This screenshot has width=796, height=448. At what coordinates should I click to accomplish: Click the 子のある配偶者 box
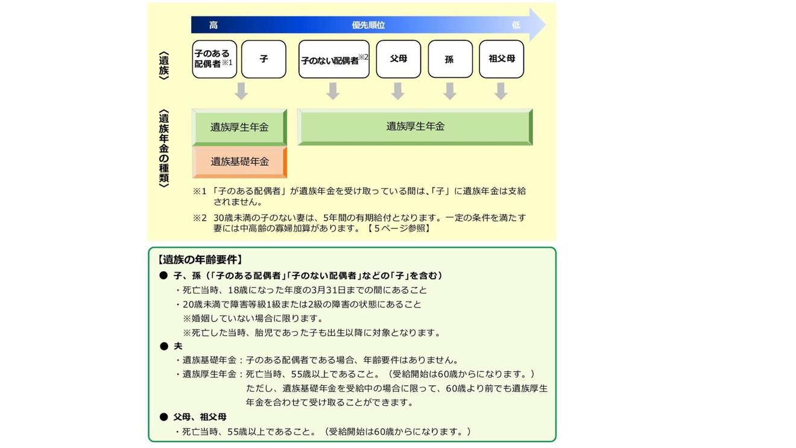[x=214, y=59]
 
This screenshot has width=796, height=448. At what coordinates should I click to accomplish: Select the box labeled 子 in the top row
[x=264, y=59]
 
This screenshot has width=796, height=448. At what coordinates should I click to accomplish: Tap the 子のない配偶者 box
[x=333, y=59]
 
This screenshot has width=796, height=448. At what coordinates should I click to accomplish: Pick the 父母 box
[x=398, y=59]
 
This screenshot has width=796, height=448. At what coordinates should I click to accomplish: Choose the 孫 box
[x=450, y=59]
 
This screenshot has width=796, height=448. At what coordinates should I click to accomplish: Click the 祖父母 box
[x=501, y=59]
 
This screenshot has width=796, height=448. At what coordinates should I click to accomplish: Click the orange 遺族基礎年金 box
[x=239, y=162]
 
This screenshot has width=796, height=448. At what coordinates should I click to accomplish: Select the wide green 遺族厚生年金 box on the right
[x=415, y=127]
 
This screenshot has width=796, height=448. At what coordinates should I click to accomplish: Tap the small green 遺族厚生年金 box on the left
[x=239, y=127]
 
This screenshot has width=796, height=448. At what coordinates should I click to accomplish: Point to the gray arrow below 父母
[x=397, y=91]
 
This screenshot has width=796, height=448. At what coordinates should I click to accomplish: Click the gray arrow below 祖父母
[x=501, y=91]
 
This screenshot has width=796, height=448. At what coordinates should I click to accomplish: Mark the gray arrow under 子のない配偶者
[x=333, y=91]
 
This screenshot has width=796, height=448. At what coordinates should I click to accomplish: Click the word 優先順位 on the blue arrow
[x=368, y=25]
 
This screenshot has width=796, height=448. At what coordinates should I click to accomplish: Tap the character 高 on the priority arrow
[x=213, y=25]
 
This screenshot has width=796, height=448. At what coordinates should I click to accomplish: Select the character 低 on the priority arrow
[x=516, y=25]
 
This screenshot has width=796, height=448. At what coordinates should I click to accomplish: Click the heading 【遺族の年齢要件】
[x=200, y=260]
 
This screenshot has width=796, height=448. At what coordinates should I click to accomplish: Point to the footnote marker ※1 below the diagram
[x=200, y=191]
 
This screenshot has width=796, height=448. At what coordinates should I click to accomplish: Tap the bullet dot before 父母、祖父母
[x=163, y=417]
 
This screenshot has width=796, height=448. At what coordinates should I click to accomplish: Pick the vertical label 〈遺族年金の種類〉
[x=163, y=148]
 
